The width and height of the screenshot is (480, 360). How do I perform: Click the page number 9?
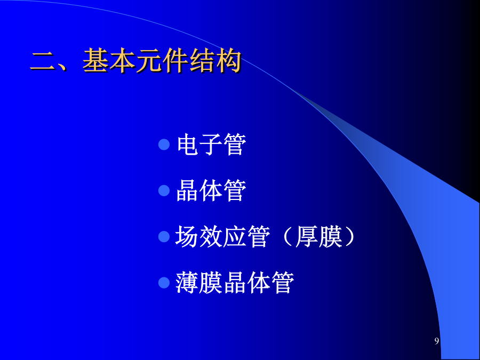[x=436, y=341]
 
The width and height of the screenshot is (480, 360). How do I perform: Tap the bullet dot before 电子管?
[x=164, y=145]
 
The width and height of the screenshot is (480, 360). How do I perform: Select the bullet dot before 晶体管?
[x=164, y=190]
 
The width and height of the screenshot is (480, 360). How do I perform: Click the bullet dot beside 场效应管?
[x=164, y=236]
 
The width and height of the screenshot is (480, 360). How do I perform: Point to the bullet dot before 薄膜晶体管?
[x=164, y=283]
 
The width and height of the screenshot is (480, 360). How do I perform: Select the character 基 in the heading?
[x=95, y=60]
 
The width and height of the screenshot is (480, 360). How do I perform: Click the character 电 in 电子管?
[x=188, y=144]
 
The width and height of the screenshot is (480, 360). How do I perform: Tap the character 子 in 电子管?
[x=211, y=144]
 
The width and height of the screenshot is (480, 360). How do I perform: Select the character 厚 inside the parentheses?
[x=307, y=236]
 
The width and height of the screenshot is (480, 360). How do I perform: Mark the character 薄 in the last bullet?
[x=187, y=283]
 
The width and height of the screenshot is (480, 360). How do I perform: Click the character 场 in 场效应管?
[x=187, y=236]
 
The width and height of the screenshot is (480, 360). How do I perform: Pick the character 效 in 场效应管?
[x=211, y=236]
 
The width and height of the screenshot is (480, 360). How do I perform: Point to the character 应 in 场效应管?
[x=235, y=236]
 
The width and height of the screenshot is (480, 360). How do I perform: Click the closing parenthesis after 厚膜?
[x=349, y=236]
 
